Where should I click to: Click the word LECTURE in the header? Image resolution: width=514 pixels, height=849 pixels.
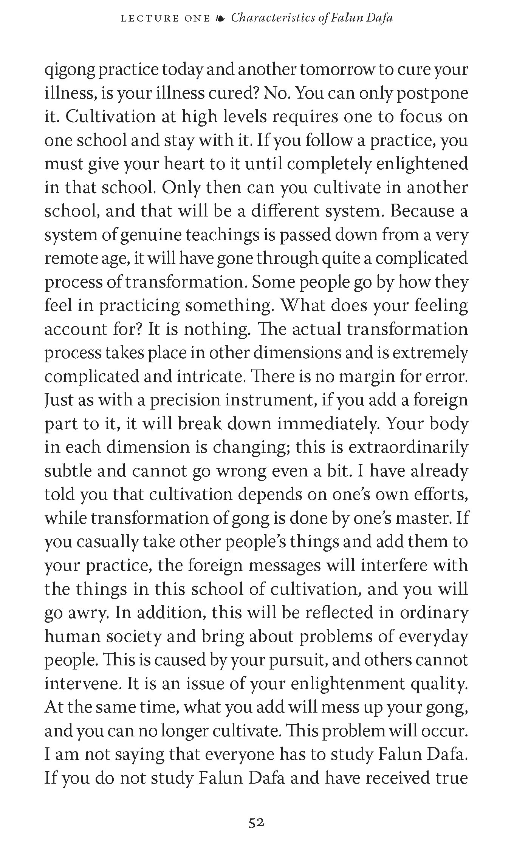(x=150, y=18)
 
